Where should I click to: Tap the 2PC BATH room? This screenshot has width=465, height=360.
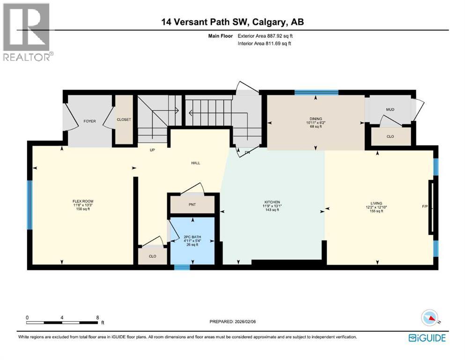[192, 238]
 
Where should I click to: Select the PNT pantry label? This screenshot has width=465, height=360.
[192, 205]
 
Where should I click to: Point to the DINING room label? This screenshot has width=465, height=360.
[315, 119]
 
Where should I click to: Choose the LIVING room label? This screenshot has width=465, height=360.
[374, 203]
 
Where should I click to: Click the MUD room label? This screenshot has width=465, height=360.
[390, 110]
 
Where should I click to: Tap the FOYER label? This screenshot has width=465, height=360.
[89, 121]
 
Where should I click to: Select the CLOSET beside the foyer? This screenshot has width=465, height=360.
[124, 120]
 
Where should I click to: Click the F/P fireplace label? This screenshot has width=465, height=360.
[425, 207]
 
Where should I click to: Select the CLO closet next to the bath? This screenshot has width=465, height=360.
[152, 256]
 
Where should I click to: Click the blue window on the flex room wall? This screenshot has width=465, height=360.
[30, 204]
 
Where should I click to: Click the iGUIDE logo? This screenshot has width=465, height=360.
[427, 337]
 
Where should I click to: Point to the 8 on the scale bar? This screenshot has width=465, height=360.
[97, 317]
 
